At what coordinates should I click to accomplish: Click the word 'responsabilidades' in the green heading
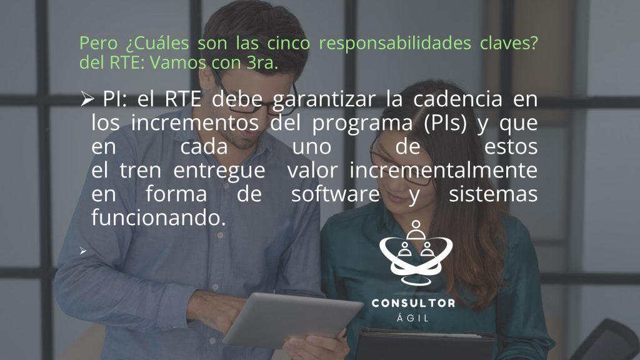(395, 44)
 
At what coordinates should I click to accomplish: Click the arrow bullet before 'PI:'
(87, 99)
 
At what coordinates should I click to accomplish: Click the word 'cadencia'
(457, 99)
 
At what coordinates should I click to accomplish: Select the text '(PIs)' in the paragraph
(445, 124)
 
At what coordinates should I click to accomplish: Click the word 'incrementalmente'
(443, 170)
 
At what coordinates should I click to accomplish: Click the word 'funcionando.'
(158, 217)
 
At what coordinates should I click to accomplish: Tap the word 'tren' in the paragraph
(141, 171)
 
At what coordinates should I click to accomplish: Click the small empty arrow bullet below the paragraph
(83, 251)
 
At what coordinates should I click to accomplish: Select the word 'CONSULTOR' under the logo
(414, 303)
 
